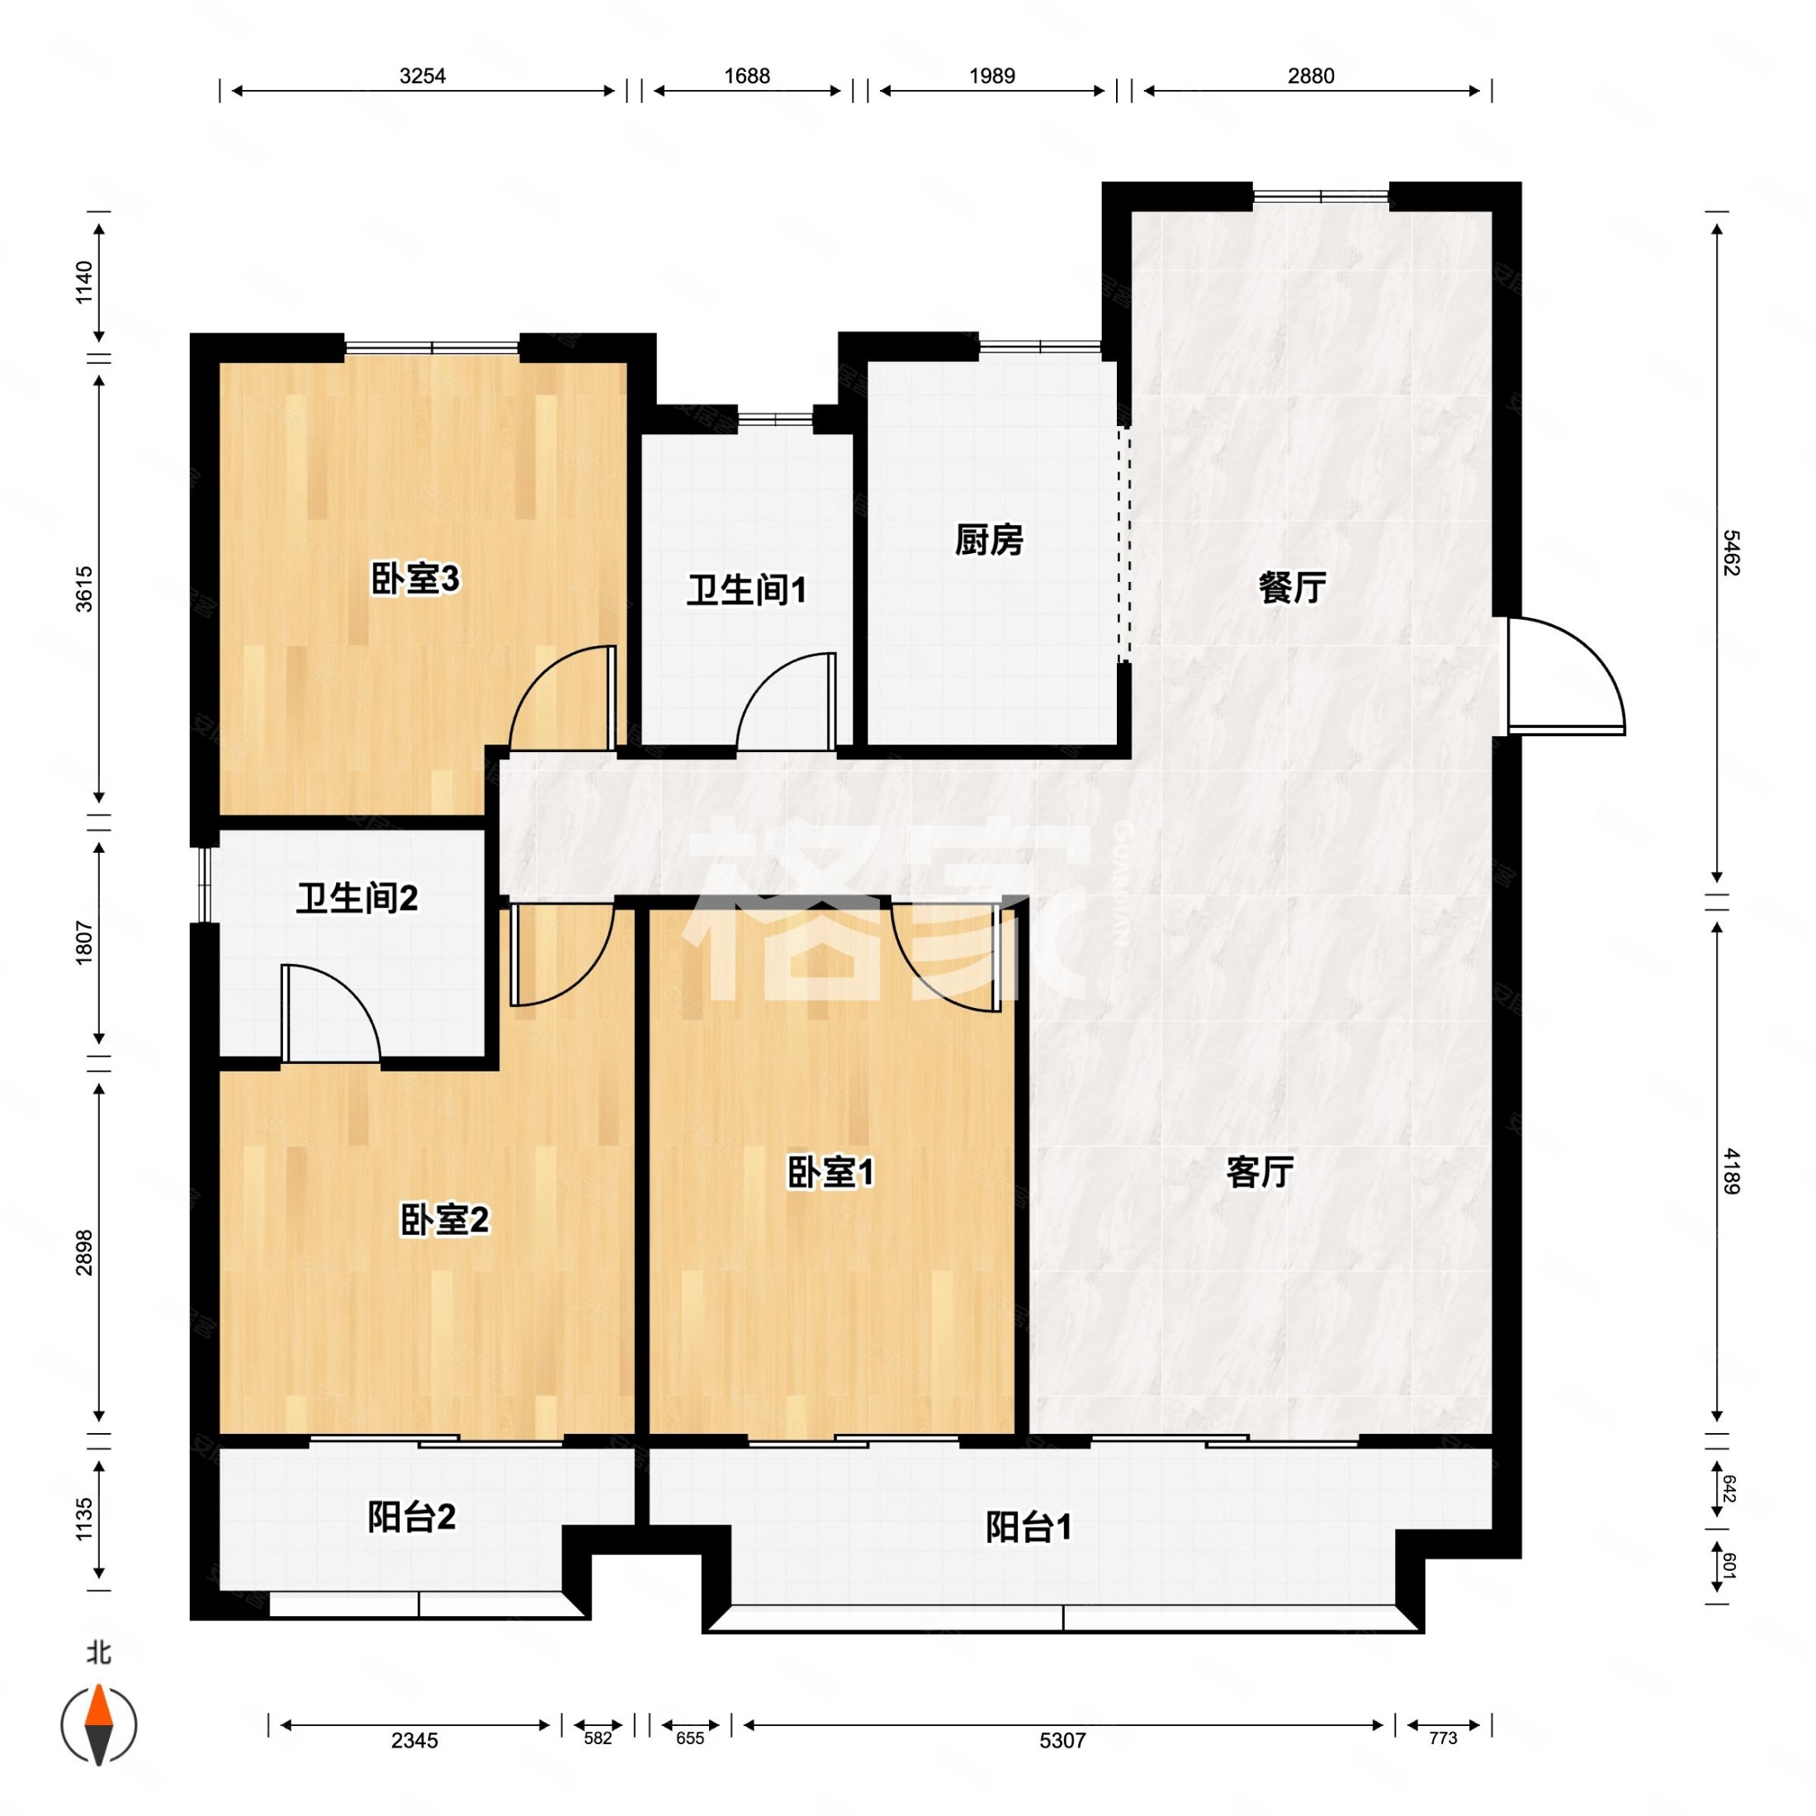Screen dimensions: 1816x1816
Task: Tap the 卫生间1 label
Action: point(746,590)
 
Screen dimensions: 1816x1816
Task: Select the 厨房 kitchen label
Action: point(988,541)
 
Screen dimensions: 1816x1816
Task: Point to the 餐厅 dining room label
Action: point(1292,588)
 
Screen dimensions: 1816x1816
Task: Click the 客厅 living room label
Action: point(1260,1172)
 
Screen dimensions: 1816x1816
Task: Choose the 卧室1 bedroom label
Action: point(831,1172)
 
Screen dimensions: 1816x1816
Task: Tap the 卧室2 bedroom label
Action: point(445,1220)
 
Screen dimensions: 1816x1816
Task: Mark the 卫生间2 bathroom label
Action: point(357,899)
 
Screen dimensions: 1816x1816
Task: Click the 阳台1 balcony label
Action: point(1029,1527)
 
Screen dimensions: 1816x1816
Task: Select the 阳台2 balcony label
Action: point(411,1516)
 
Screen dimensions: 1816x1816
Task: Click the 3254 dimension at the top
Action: point(422,76)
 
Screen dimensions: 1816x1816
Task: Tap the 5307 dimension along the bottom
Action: point(1062,1741)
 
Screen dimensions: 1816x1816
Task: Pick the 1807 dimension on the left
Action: point(84,943)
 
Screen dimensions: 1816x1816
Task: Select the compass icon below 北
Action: point(99,1725)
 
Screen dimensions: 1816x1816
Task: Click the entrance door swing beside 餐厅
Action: point(1566,675)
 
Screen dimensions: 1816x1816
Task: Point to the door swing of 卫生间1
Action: point(786,701)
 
